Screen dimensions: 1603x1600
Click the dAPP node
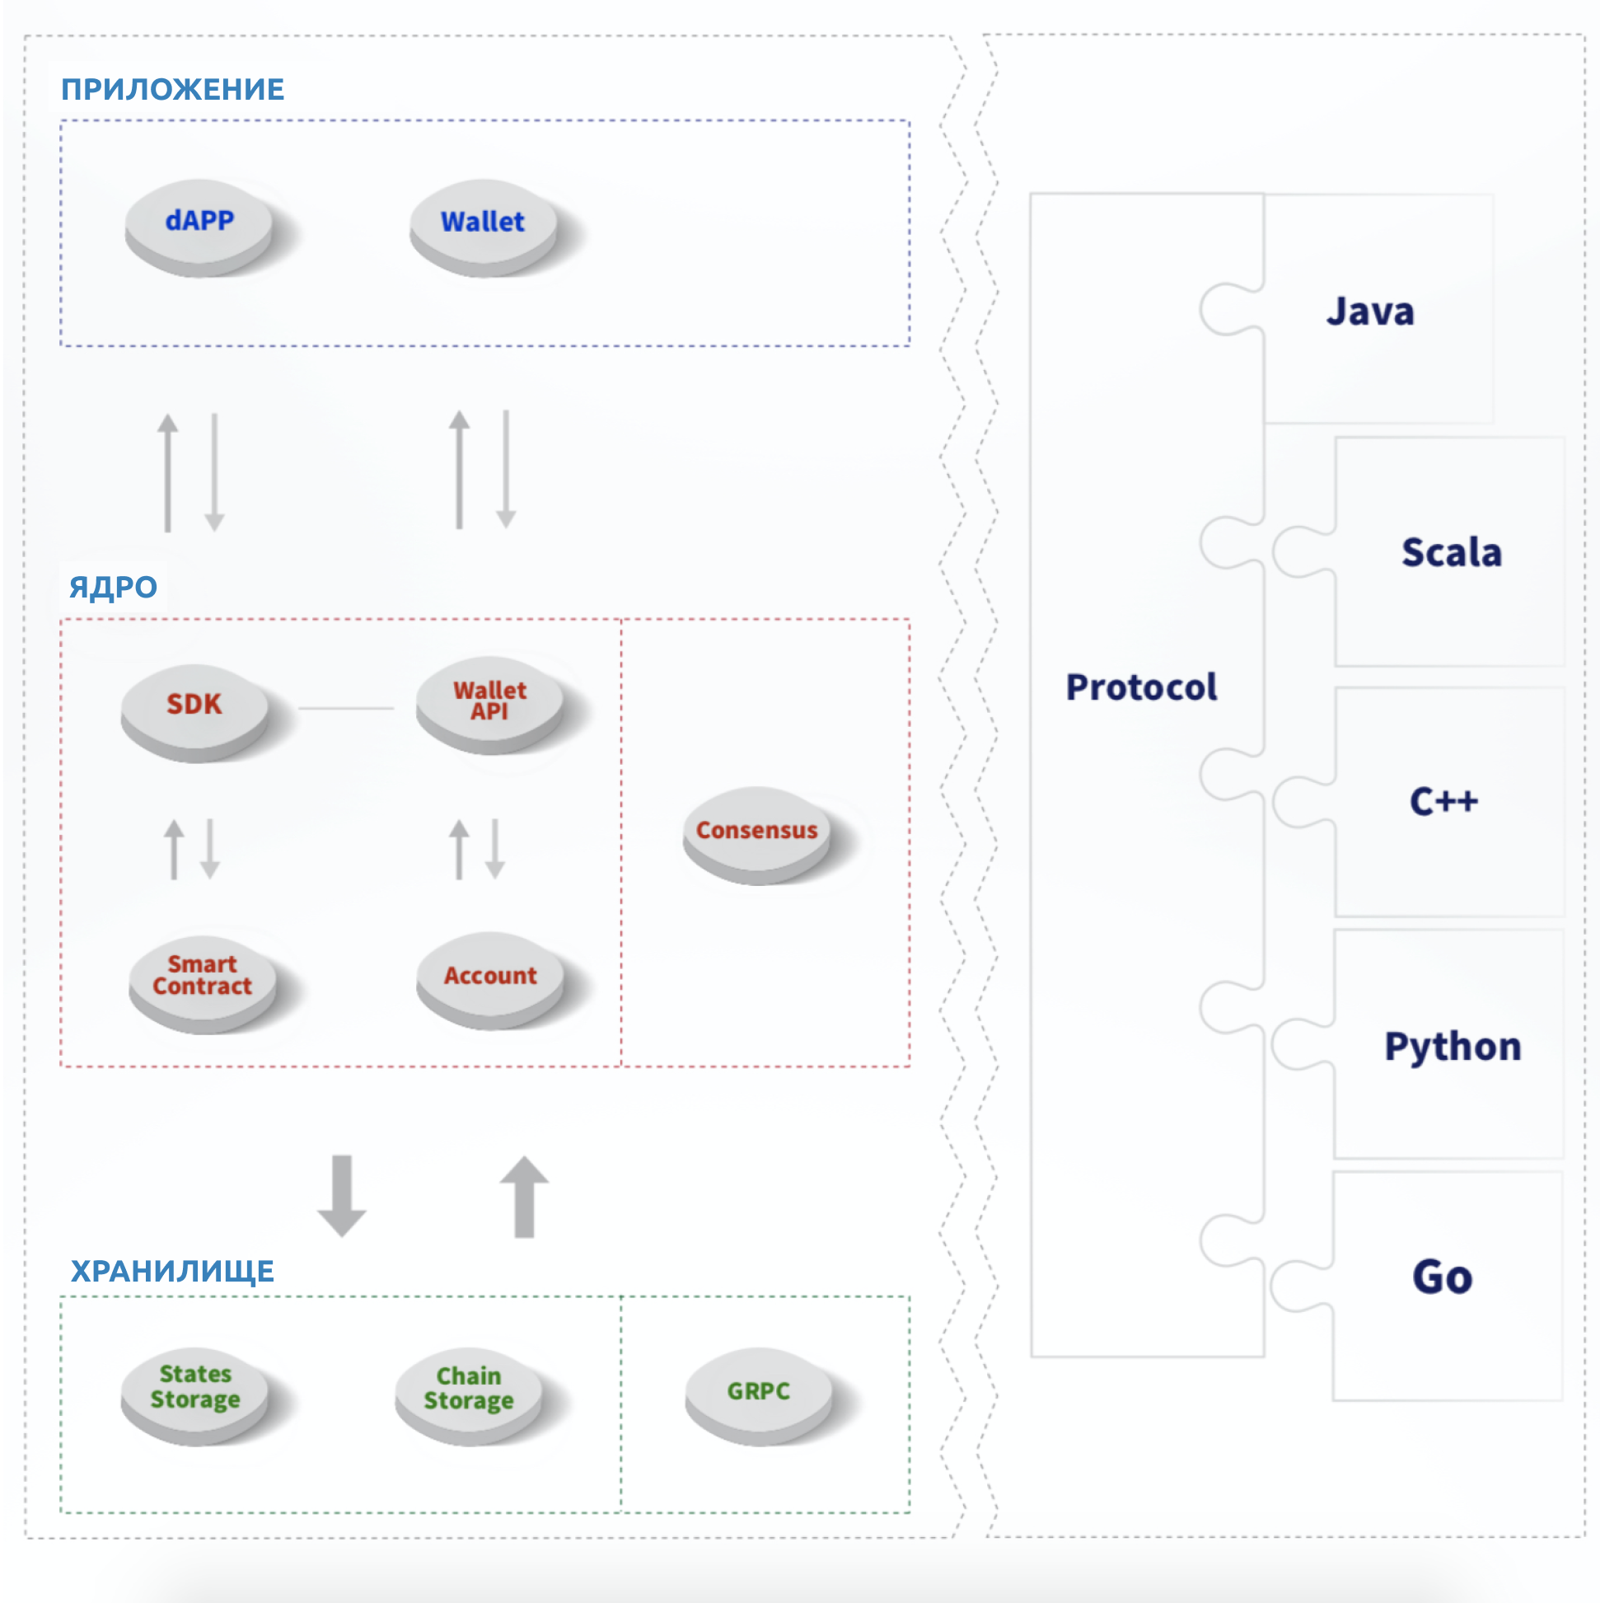[199, 223]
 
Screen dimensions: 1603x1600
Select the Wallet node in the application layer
[483, 223]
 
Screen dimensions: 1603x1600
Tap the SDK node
[194, 705]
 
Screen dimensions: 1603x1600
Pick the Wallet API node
[489, 702]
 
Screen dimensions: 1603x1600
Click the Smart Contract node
[203, 977]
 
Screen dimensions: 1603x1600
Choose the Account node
[490, 977]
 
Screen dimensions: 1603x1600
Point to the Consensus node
[756, 832]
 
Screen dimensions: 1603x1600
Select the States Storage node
[195, 1388]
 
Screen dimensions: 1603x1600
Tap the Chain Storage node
[469, 1390]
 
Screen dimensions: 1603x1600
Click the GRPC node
[758, 1392]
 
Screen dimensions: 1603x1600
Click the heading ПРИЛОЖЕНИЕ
[172, 90]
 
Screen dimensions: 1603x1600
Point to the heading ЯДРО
[113, 588]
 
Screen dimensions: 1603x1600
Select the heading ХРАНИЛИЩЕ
[171, 1272]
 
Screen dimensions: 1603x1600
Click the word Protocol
[1141, 688]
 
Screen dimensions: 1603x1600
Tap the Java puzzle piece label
[1370, 312]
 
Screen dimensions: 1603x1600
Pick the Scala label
[1452, 552]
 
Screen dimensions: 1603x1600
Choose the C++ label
[1444, 801]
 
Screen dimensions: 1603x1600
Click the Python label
[1453, 1047]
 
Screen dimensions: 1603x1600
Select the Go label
[1443, 1277]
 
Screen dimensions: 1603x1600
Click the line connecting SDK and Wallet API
[346, 709]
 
